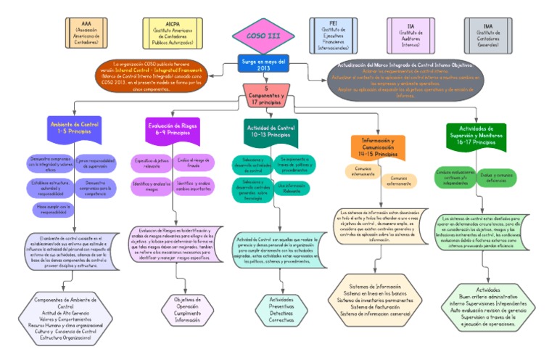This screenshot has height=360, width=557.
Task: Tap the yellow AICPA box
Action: click(173, 33)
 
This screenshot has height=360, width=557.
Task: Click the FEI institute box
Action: click(333, 33)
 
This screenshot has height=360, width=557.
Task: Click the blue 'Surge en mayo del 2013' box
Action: click(264, 64)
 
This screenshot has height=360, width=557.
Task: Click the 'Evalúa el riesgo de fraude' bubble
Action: click(194, 163)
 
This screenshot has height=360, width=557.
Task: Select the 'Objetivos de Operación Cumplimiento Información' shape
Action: click(187, 308)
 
